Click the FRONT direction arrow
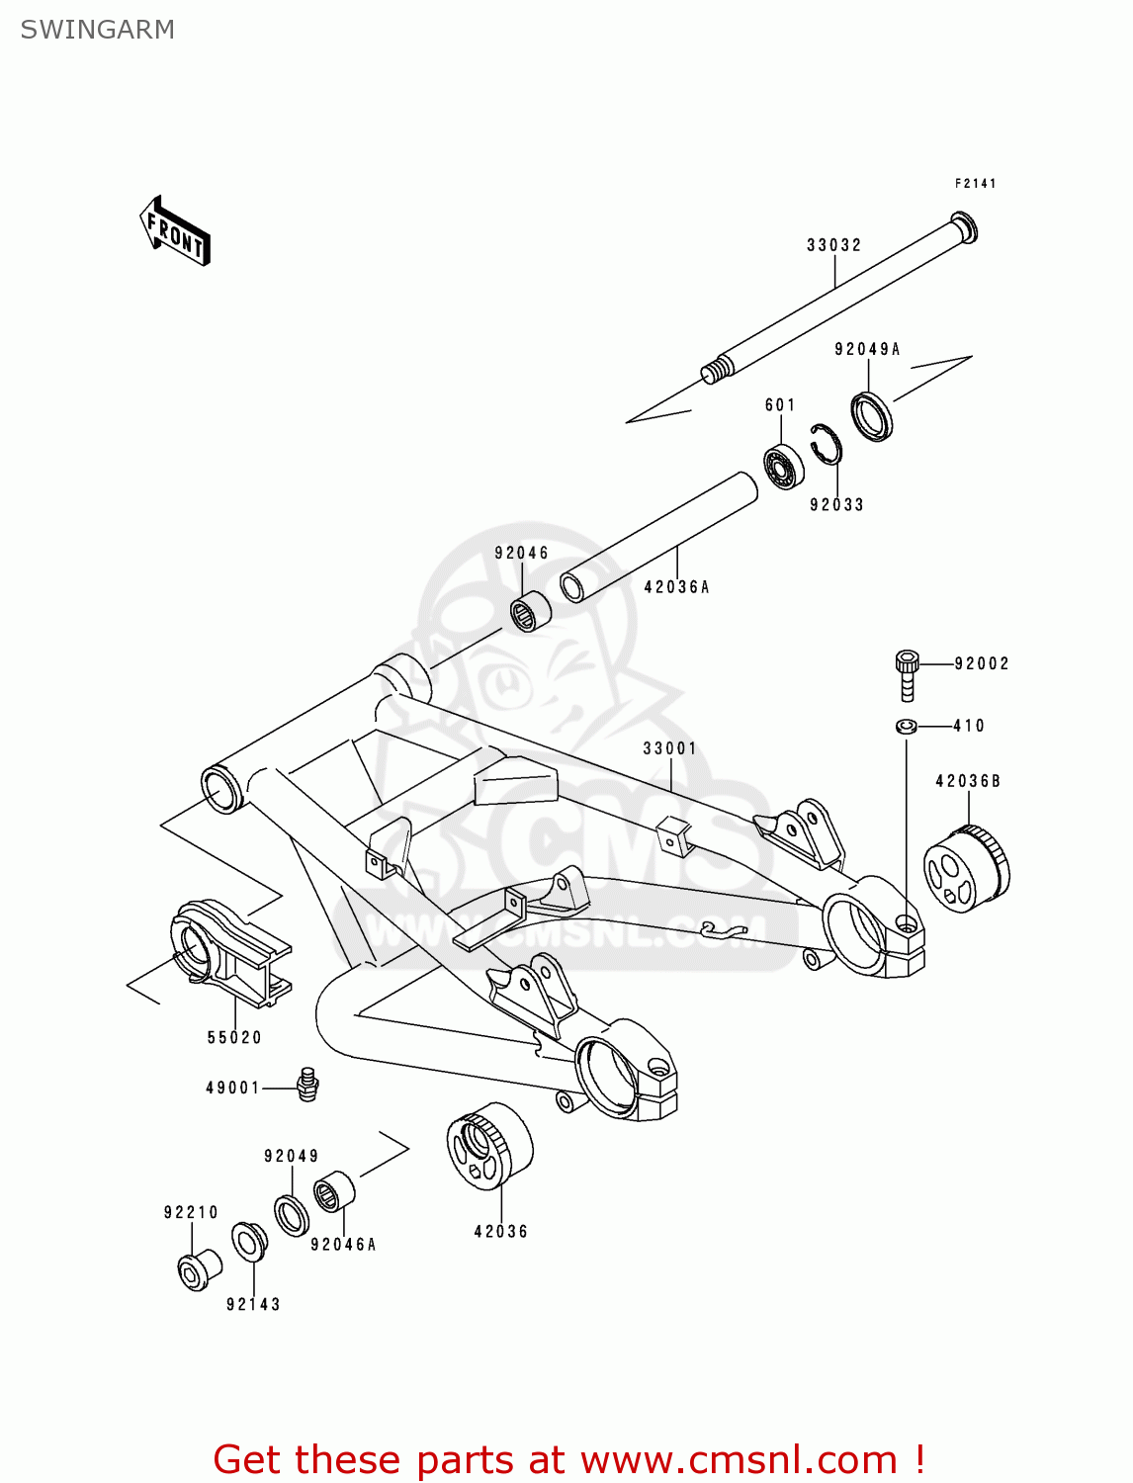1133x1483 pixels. click(x=175, y=231)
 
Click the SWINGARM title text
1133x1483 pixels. click(x=97, y=30)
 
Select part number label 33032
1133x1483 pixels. click(x=833, y=245)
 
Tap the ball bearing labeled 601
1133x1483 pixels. click(x=783, y=467)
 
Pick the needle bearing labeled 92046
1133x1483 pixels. click(x=531, y=611)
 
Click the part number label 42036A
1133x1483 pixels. click(x=676, y=587)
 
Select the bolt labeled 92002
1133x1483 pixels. click(x=907, y=674)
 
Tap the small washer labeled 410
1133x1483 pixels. click(x=906, y=727)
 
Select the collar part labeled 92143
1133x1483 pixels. click(x=248, y=1242)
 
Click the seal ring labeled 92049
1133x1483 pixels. click(x=292, y=1215)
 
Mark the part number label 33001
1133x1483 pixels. click(x=669, y=748)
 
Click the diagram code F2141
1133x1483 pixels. click(x=975, y=184)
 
